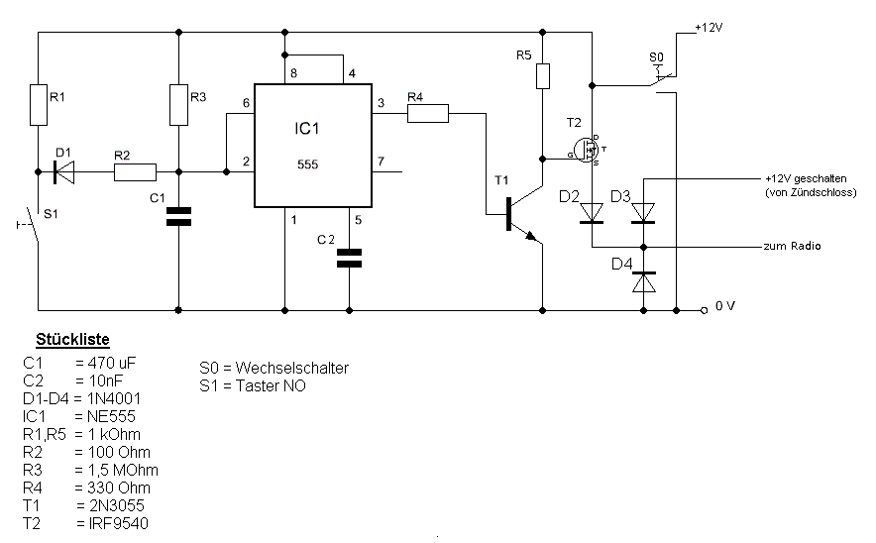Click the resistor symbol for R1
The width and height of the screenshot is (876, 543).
pos(39,105)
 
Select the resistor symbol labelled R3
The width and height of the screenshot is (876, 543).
pos(178,105)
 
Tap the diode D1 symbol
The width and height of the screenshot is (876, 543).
pos(63,172)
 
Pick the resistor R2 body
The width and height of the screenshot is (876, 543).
pos(135,172)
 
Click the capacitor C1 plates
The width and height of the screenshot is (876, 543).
pos(178,217)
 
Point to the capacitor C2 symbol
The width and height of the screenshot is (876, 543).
pos(349,258)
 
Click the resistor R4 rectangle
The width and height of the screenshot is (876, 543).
pos(428,113)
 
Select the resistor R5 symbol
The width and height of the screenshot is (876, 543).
pos(542,76)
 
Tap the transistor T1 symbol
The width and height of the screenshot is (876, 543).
pos(523,214)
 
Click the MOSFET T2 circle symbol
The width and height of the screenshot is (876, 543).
pos(586,151)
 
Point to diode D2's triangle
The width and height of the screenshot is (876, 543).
pos(592,213)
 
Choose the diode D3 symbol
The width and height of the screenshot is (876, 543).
pos(643,213)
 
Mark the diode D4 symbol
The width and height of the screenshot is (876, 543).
pos(643,282)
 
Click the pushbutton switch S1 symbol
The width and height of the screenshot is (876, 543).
pos(31,225)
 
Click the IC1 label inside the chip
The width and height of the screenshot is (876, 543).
pos(307,129)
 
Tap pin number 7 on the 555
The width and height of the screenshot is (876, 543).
pos(381,162)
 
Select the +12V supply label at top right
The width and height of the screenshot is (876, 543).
pos(709,28)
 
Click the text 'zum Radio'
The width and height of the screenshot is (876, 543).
pos(792,246)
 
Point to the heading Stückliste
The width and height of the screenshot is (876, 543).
pos(72,339)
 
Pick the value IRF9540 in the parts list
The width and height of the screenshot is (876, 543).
pos(119,523)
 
